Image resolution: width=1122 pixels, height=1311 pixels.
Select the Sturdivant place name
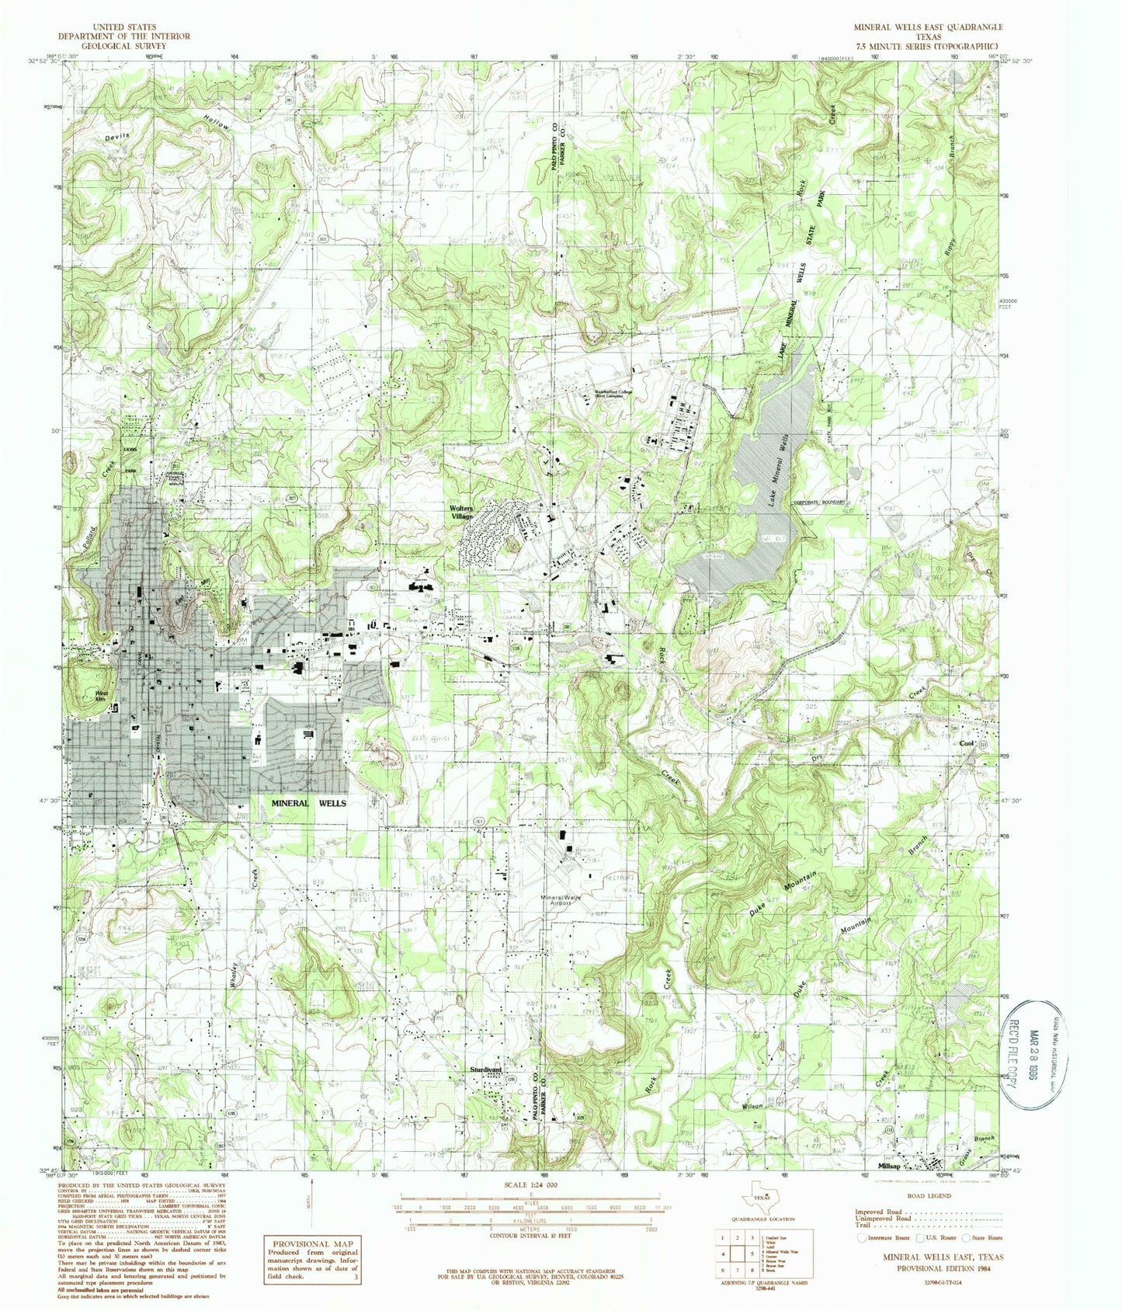487,1070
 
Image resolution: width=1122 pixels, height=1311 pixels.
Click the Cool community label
967,743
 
